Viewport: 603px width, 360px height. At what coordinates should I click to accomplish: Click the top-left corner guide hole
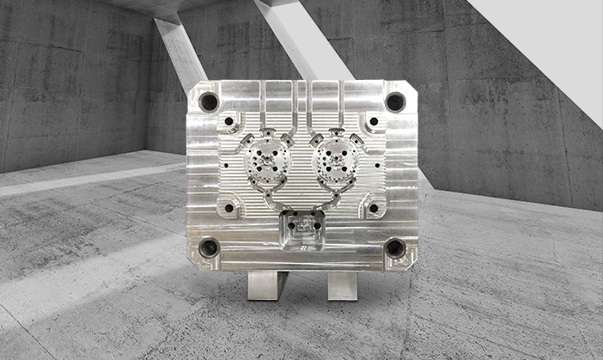tap(209, 102)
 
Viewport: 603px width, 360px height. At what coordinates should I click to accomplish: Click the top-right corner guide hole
tap(394, 102)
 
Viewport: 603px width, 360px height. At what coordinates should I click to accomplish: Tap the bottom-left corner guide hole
tap(209, 249)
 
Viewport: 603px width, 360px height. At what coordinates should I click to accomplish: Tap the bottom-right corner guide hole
tap(394, 248)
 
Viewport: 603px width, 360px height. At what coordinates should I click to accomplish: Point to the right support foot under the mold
tap(341, 284)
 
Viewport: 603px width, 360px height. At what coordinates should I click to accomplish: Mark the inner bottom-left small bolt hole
tap(228, 207)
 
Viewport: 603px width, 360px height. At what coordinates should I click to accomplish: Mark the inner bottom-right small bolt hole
tap(373, 207)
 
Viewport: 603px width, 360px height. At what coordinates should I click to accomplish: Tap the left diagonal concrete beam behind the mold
tap(180, 52)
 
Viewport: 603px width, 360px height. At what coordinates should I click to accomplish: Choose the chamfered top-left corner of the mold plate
tap(192, 86)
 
